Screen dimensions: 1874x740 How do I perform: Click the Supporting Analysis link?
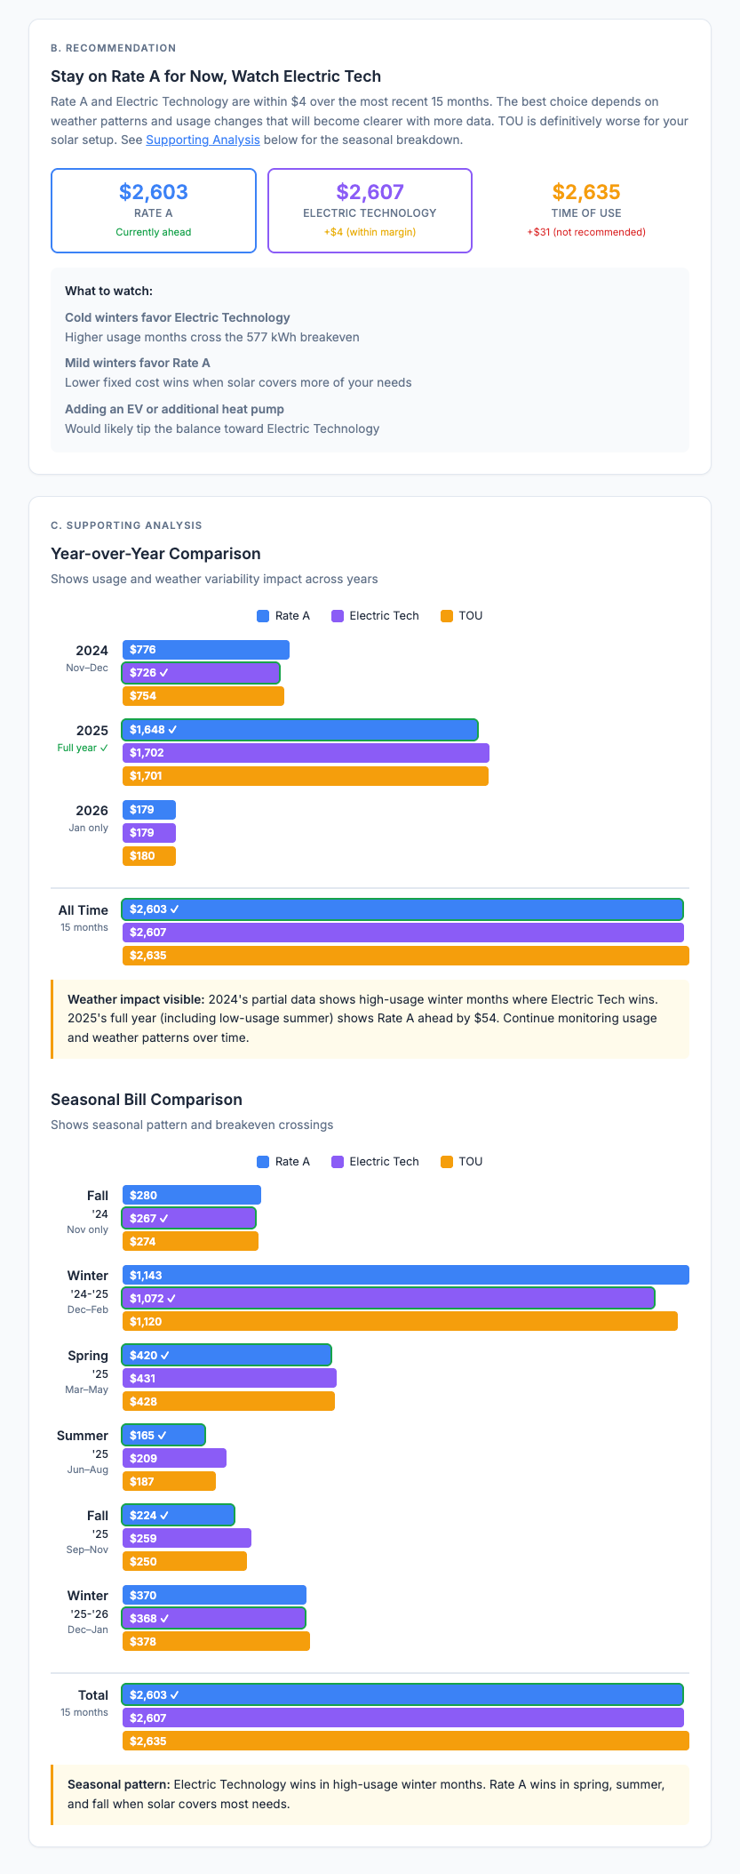(x=203, y=140)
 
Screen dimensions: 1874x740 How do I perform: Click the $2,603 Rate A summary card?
(x=154, y=211)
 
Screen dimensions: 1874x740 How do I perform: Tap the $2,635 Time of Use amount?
(x=585, y=192)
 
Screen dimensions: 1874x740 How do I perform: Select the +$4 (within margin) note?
(x=370, y=232)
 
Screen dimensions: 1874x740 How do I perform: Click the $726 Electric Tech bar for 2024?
(x=201, y=673)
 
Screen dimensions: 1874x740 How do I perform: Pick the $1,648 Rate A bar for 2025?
(x=299, y=730)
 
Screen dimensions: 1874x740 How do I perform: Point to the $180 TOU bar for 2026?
(x=149, y=856)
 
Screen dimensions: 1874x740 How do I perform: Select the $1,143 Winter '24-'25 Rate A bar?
(x=405, y=1275)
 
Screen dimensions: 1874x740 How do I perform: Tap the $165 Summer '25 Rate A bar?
(x=163, y=1435)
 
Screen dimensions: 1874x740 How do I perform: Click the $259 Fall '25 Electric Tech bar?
(x=187, y=1538)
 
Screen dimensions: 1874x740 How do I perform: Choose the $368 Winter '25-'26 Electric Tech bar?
(x=213, y=1618)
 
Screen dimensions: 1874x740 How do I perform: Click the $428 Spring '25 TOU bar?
(x=228, y=1401)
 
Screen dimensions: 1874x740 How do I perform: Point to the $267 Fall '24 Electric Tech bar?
(x=188, y=1218)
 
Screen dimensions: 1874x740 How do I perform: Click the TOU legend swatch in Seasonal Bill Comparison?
(x=447, y=1161)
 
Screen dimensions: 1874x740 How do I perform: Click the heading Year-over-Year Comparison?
(x=155, y=554)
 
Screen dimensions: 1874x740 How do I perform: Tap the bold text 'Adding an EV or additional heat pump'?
(x=174, y=409)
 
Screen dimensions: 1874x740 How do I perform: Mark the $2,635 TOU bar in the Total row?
(x=405, y=1741)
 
